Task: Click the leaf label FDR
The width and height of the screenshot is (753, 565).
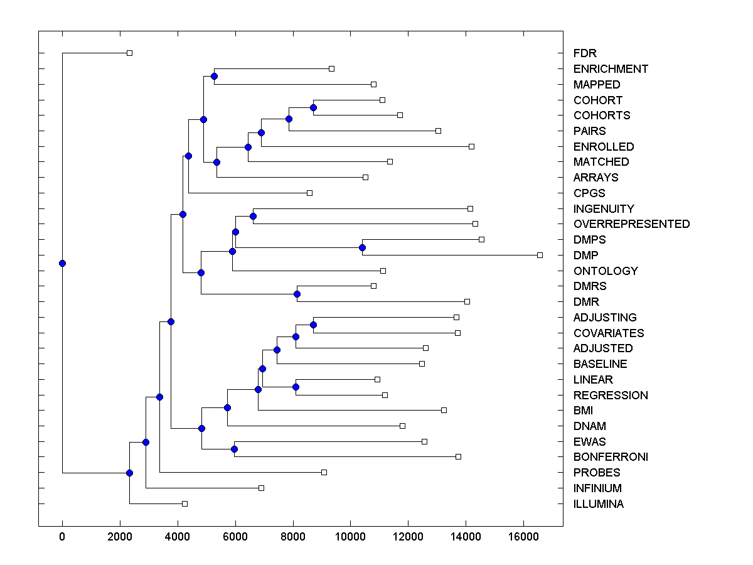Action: click(x=585, y=53)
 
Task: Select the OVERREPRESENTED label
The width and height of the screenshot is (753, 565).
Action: click(x=631, y=224)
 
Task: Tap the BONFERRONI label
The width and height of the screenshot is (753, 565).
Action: click(x=611, y=457)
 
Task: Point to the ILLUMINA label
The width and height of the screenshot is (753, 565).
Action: click(x=598, y=504)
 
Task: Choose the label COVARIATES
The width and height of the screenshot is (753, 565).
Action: click(x=609, y=333)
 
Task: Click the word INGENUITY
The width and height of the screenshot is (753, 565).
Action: click(x=604, y=208)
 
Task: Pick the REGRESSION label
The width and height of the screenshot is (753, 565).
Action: click(x=611, y=395)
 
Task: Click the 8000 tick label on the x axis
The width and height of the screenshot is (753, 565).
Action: click(x=293, y=536)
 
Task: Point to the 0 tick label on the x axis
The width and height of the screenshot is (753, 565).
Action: click(x=62, y=536)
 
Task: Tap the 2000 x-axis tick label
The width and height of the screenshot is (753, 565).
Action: click(x=120, y=536)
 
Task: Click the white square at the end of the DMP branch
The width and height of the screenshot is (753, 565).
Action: click(x=540, y=255)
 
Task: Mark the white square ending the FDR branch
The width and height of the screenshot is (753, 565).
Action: click(x=129, y=53)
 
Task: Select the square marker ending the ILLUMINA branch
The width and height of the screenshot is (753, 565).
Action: click(x=184, y=503)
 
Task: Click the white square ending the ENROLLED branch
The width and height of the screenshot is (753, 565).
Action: click(x=471, y=146)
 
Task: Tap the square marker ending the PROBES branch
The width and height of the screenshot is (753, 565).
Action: click(x=324, y=472)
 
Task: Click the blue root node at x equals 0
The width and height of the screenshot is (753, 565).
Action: click(x=62, y=263)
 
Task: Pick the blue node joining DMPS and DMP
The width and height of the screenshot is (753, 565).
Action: click(x=362, y=247)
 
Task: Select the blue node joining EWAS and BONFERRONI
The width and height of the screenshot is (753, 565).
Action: click(x=234, y=449)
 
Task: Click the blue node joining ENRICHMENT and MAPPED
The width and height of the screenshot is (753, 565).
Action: click(x=214, y=76)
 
